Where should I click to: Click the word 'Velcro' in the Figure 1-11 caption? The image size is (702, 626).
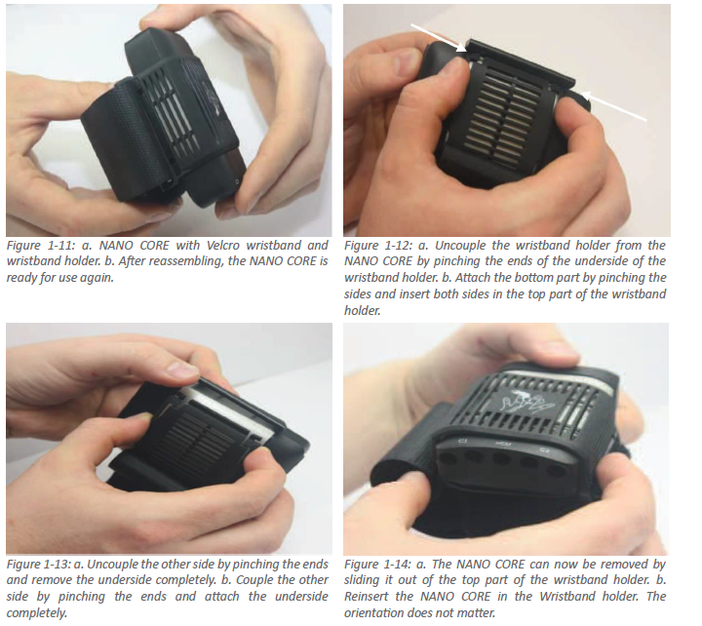click(x=222, y=246)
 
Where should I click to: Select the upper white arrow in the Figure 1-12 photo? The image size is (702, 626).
click(x=439, y=38)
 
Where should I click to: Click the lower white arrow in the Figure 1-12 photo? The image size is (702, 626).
click(x=614, y=106)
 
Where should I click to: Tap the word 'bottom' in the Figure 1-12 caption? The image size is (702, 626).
click(x=532, y=278)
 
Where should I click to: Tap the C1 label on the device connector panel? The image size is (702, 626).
click(x=463, y=443)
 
